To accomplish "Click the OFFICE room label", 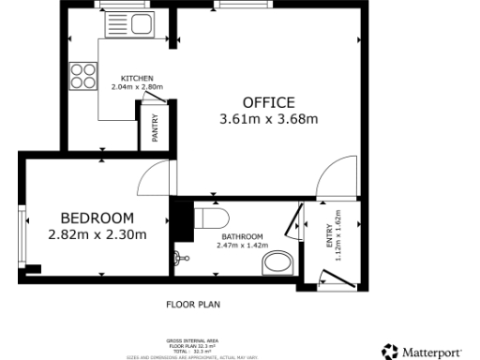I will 268,102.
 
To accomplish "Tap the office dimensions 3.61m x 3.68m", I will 268,119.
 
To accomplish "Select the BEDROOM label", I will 97,217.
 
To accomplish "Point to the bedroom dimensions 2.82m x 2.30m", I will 97,234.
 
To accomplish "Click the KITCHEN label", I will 137,78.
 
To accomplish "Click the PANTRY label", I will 155,127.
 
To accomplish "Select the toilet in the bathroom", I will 212,218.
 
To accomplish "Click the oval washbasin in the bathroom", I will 277,261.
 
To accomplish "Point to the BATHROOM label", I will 242,236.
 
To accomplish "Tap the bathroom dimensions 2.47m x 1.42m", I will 242,245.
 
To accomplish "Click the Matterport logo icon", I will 390,352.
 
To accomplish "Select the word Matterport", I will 432,352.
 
